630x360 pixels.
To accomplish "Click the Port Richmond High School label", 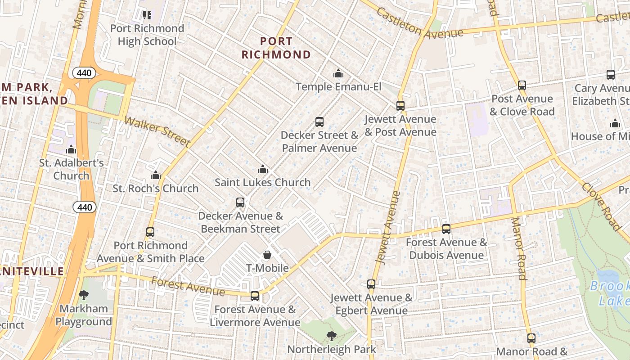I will pyautogui.click(x=147, y=35).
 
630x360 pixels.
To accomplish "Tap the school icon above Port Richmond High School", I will pyautogui.click(x=147, y=15).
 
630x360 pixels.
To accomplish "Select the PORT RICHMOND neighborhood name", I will pyautogui.click(x=276, y=48).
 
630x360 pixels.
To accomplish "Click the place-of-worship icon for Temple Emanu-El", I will pyautogui.click(x=338, y=73).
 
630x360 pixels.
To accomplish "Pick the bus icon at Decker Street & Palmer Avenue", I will pyautogui.click(x=319, y=122).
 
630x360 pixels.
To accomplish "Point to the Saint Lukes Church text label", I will pyautogui.click(x=262, y=182).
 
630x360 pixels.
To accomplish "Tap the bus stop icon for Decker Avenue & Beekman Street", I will pyautogui.click(x=240, y=202).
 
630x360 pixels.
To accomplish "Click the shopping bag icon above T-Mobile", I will pyautogui.click(x=267, y=255).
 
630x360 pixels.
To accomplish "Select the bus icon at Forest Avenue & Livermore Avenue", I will pyautogui.click(x=255, y=296).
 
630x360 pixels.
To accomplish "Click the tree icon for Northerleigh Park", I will pyautogui.click(x=332, y=336).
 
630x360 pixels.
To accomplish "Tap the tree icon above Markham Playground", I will pyautogui.click(x=84, y=295).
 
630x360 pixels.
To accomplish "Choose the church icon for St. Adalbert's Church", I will pyautogui.click(x=71, y=149).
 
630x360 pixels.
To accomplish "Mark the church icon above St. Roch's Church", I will pyautogui.click(x=156, y=175).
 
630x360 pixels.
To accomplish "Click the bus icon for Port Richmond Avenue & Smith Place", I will pyautogui.click(x=150, y=232).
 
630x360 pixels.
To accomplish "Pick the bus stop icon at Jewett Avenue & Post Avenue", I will pyautogui.click(x=400, y=106).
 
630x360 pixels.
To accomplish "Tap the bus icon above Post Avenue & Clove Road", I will pyautogui.click(x=522, y=85).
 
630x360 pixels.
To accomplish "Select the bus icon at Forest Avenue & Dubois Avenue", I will pyautogui.click(x=446, y=229).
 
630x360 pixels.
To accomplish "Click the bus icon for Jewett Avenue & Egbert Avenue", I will pyautogui.click(x=371, y=284).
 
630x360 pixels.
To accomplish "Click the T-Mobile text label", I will pyautogui.click(x=267, y=268).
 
